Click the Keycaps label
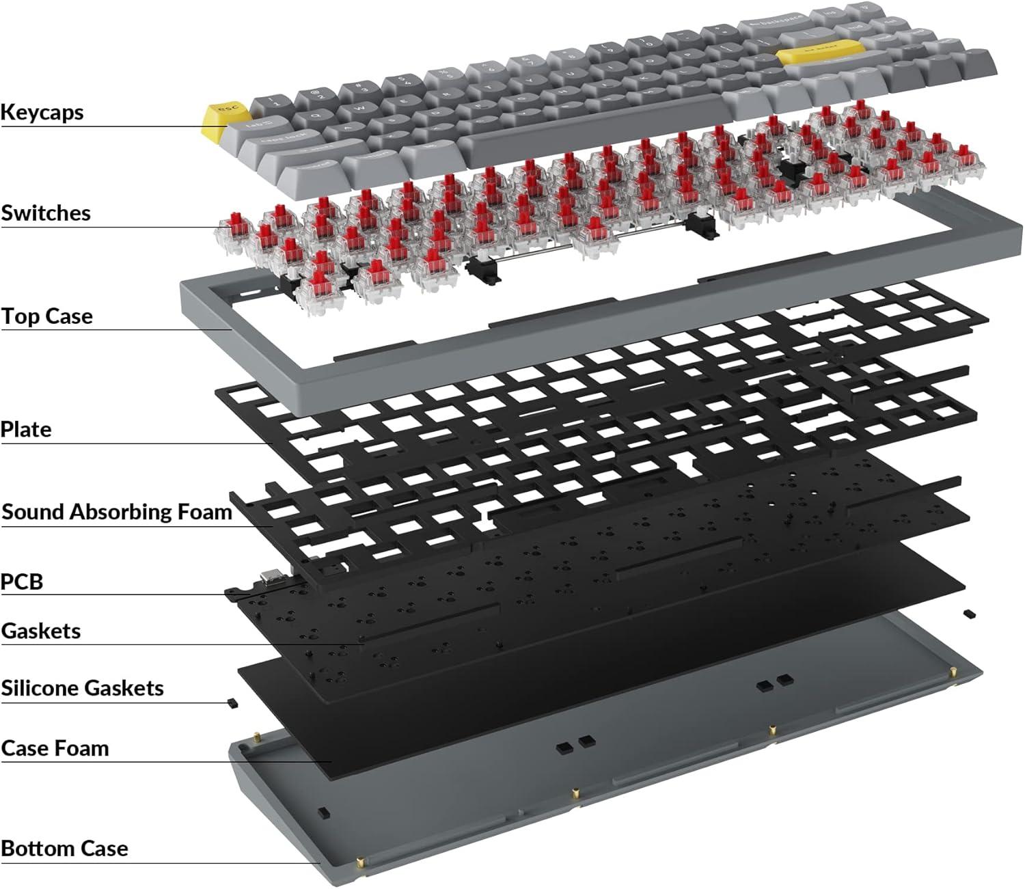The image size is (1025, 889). pos(42,112)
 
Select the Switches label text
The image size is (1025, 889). pos(45,213)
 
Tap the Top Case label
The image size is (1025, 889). pos(46,316)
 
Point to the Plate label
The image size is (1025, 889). pos(26,430)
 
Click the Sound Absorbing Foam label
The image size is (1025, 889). pos(117,512)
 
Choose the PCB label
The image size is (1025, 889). pos(22,582)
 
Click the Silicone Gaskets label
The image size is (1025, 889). pos(82,688)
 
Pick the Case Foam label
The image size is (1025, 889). pos(55,748)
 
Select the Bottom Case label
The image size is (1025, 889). pos(64,849)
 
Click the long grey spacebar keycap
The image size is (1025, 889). pos(594,120)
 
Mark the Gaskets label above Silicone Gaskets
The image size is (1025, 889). pos(40,631)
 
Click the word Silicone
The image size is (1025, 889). pos(40,688)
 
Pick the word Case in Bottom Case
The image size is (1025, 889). pos(102,849)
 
